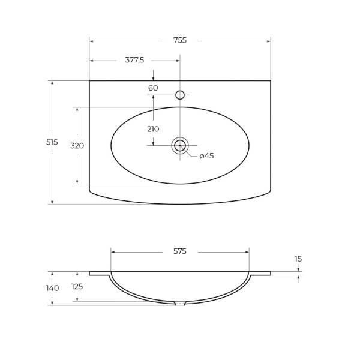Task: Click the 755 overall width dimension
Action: [180, 40]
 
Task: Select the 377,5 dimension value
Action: [134, 60]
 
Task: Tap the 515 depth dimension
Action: [52, 142]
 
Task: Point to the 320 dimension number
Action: [77, 146]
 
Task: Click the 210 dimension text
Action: [153, 129]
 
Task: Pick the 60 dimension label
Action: [153, 88]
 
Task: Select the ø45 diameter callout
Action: [206, 156]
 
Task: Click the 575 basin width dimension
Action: [180, 251]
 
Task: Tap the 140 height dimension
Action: [53, 288]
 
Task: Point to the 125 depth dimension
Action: [77, 287]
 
